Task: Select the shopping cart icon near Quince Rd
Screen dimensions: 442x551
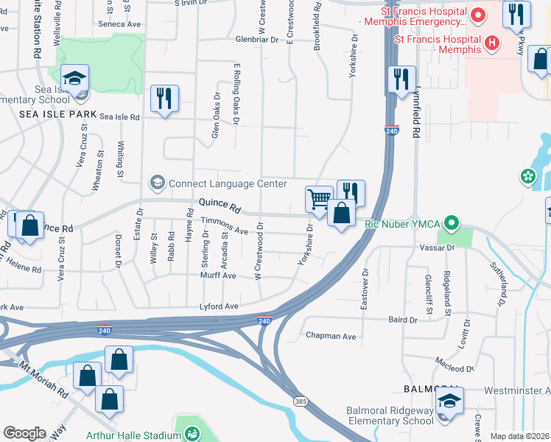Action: (319, 198)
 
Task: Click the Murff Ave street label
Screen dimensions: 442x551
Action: (217, 276)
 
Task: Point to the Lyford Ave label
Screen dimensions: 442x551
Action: (220, 306)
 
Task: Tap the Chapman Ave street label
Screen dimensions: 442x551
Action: (331, 336)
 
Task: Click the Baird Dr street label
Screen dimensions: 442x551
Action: (402, 320)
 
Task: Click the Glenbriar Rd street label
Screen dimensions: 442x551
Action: (259, 39)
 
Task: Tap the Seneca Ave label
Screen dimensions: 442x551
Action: (119, 24)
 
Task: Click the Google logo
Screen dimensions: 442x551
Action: (24, 433)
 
